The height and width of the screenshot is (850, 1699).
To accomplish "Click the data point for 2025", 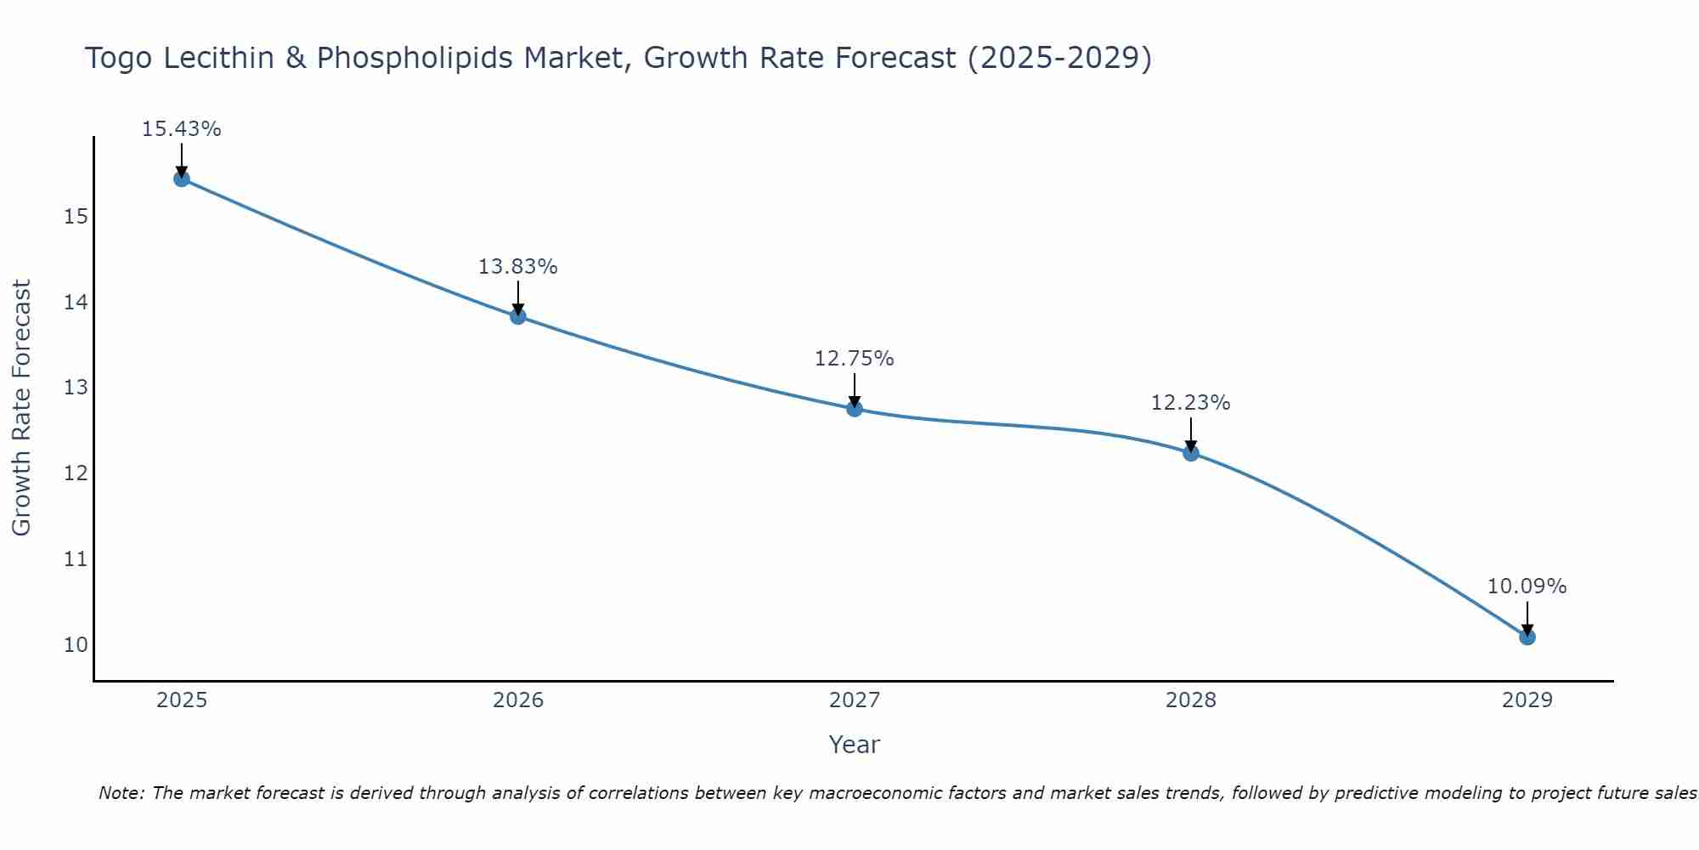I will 182,178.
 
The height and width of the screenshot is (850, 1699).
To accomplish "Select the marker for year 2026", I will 518,316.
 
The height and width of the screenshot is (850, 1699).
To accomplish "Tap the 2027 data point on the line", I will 855,409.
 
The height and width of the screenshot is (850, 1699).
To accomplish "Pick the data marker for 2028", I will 1191,453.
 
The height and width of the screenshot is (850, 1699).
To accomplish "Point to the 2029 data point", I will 1527,637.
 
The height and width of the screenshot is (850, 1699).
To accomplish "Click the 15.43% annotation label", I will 181,129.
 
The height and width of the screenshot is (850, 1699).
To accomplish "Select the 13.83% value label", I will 517,267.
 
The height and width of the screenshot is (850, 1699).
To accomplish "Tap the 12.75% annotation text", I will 854,359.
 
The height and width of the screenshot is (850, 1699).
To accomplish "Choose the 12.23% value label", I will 1190,403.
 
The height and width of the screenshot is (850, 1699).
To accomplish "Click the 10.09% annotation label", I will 1527,586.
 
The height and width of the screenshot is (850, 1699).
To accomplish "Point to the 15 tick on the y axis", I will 76,217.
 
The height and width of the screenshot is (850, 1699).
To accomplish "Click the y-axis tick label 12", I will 76,473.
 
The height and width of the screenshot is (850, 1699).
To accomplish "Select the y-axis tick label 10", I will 76,644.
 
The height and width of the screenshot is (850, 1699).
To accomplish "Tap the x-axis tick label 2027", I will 855,700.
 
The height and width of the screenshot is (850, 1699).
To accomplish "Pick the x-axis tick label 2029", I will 1527,700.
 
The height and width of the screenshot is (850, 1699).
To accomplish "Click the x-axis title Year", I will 854,745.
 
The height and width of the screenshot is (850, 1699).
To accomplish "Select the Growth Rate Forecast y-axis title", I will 21,408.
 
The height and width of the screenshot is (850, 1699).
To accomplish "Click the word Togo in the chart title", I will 119,59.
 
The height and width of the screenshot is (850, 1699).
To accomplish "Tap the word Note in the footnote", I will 121,793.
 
